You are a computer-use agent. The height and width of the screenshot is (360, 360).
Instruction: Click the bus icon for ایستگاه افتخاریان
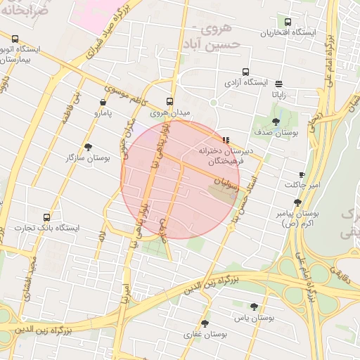click(287, 22)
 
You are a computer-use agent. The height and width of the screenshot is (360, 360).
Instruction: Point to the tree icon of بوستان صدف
click(276, 122)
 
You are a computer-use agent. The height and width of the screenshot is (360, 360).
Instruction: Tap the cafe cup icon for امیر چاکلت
click(302, 174)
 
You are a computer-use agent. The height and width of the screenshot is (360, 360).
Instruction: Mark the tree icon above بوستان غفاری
click(205, 323)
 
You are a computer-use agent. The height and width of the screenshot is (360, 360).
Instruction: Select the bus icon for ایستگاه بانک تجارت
click(46, 218)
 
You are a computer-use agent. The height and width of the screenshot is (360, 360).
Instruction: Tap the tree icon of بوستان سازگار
click(88, 147)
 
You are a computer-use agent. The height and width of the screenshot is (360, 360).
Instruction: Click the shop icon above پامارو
click(103, 103)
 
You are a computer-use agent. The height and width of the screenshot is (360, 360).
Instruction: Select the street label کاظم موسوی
click(123, 91)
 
